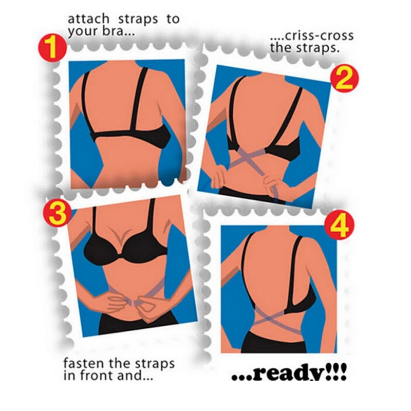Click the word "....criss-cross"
click(311, 36)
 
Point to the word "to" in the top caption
click(172, 20)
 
